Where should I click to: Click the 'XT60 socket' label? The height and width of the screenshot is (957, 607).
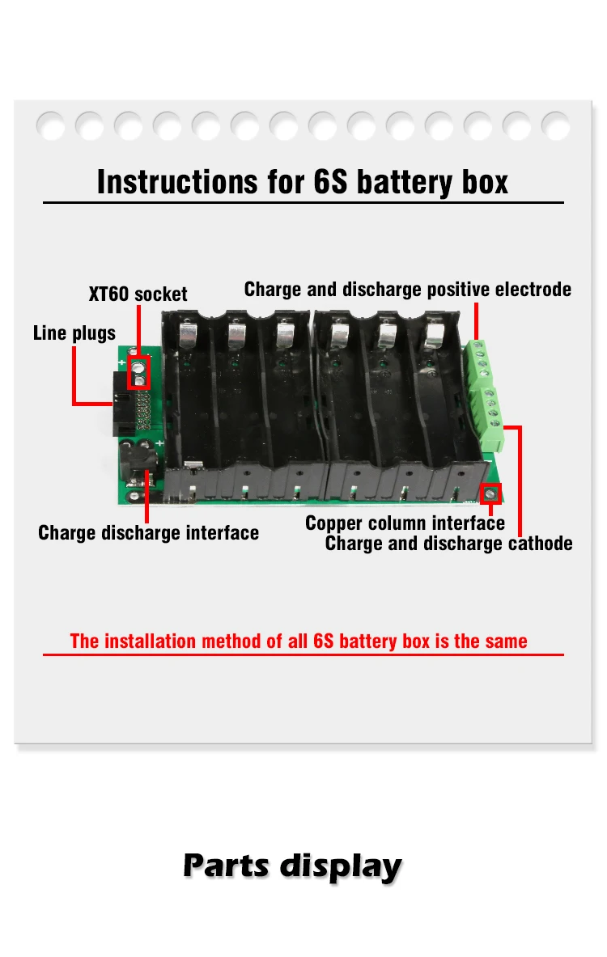coord(138,294)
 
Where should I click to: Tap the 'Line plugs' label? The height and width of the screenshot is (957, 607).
coord(74,332)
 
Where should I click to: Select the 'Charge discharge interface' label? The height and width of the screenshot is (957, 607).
coord(148,532)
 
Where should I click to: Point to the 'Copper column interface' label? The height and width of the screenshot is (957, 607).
coord(405,523)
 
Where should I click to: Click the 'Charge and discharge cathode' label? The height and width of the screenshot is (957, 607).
coord(448,544)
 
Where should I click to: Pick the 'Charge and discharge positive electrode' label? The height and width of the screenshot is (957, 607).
coord(408,290)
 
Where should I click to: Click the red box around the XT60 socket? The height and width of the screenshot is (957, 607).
coord(139,371)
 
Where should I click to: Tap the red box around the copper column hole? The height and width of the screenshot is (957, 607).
coord(490,493)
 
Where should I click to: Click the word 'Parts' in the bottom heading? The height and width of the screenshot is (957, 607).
coord(227,865)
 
